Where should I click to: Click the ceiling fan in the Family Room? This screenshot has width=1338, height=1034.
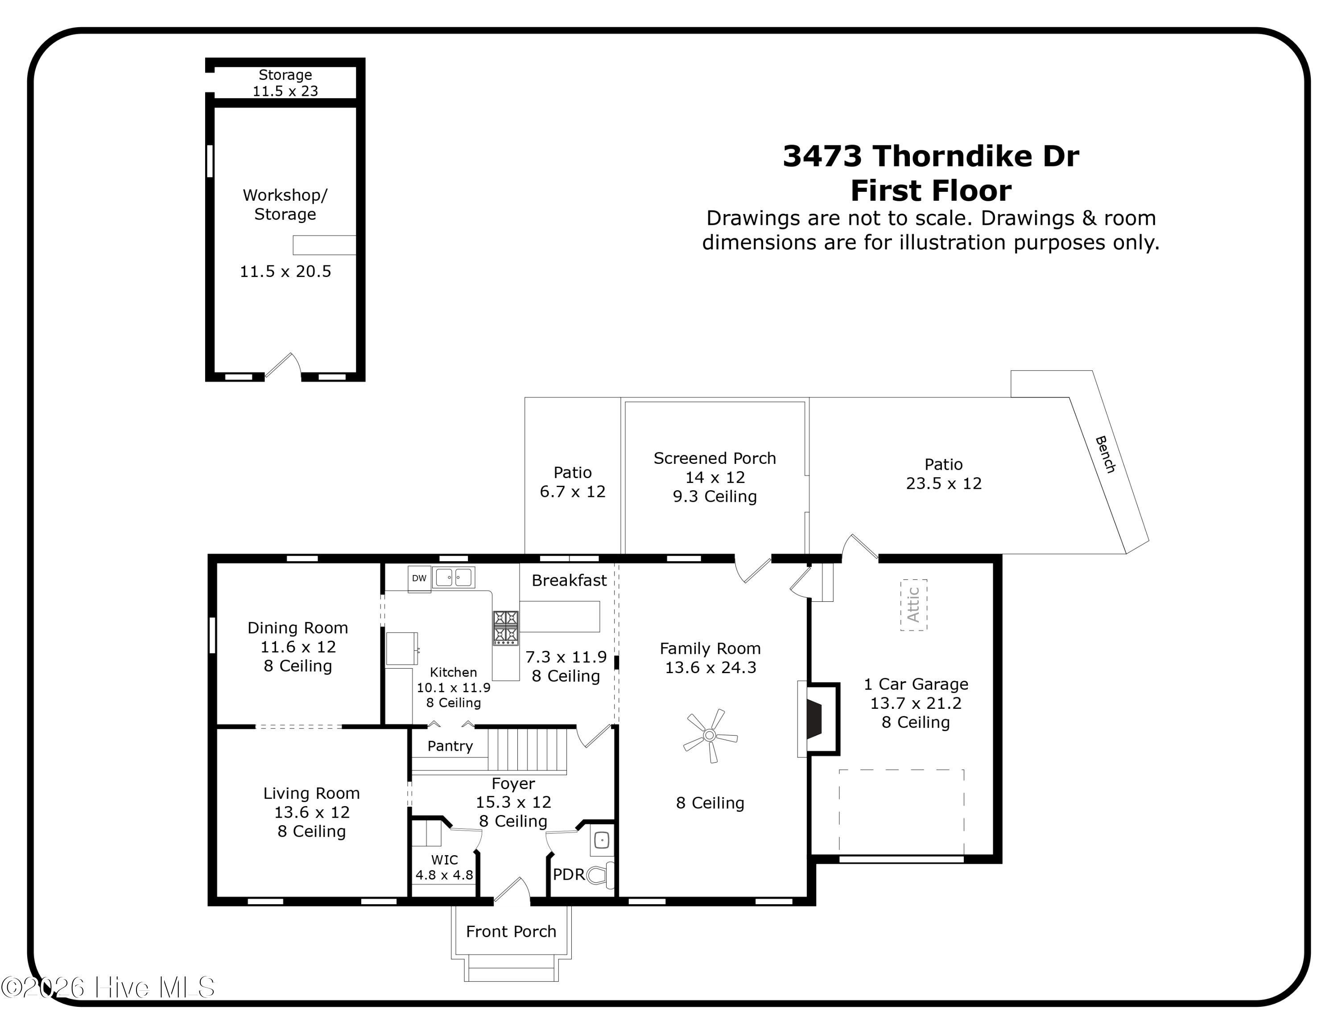(710, 735)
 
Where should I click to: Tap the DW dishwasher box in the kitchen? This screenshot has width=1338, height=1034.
(419, 578)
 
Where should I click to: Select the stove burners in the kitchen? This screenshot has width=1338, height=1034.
(505, 627)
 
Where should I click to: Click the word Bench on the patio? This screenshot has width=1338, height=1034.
(1105, 454)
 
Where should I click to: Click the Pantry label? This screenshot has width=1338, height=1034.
(450, 746)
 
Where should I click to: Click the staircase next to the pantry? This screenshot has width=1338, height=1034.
(527, 749)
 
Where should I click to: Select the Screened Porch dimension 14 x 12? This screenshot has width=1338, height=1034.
(714, 477)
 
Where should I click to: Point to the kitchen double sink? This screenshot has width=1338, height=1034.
(453, 578)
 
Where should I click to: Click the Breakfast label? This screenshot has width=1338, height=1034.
(569, 580)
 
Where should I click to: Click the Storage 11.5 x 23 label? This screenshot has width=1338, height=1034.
(285, 83)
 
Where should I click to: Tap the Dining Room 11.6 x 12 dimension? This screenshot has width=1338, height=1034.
(298, 647)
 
